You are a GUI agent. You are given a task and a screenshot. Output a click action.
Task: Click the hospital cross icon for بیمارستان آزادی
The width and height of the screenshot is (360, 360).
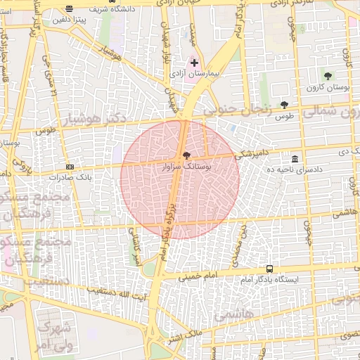pyautogui.click(x=195, y=63)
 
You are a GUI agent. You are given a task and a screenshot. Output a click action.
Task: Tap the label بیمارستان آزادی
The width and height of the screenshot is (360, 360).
pyautogui.click(x=195, y=73)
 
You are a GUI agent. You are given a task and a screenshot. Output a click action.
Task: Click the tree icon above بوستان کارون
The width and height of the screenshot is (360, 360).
pyautogui.click(x=328, y=75)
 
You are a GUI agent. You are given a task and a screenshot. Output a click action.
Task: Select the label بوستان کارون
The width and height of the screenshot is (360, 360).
pyautogui.click(x=328, y=87)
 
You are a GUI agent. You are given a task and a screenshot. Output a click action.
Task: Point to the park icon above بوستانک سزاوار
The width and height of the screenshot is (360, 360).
pyautogui.click(x=186, y=155)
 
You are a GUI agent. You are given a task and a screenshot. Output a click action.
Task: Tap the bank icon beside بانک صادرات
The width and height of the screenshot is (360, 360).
pyautogui.click(x=70, y=167)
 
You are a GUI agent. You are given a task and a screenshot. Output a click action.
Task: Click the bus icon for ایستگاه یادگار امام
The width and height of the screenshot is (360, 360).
pyautogui.click(x=269, y=269)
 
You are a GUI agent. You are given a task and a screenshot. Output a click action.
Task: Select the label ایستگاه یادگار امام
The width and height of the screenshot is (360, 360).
pyautogui.click(x=269, y=280)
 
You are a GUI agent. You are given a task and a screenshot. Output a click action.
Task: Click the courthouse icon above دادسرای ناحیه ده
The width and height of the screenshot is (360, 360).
pyautogui.click(x=294, y=159)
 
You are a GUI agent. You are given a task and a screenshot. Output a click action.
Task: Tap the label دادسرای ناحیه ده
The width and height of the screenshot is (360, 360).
pyautogui.click(x=294, y=170)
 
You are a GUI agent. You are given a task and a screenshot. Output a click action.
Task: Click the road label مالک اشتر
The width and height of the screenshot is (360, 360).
pyautogui.click(x=184, y=339)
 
